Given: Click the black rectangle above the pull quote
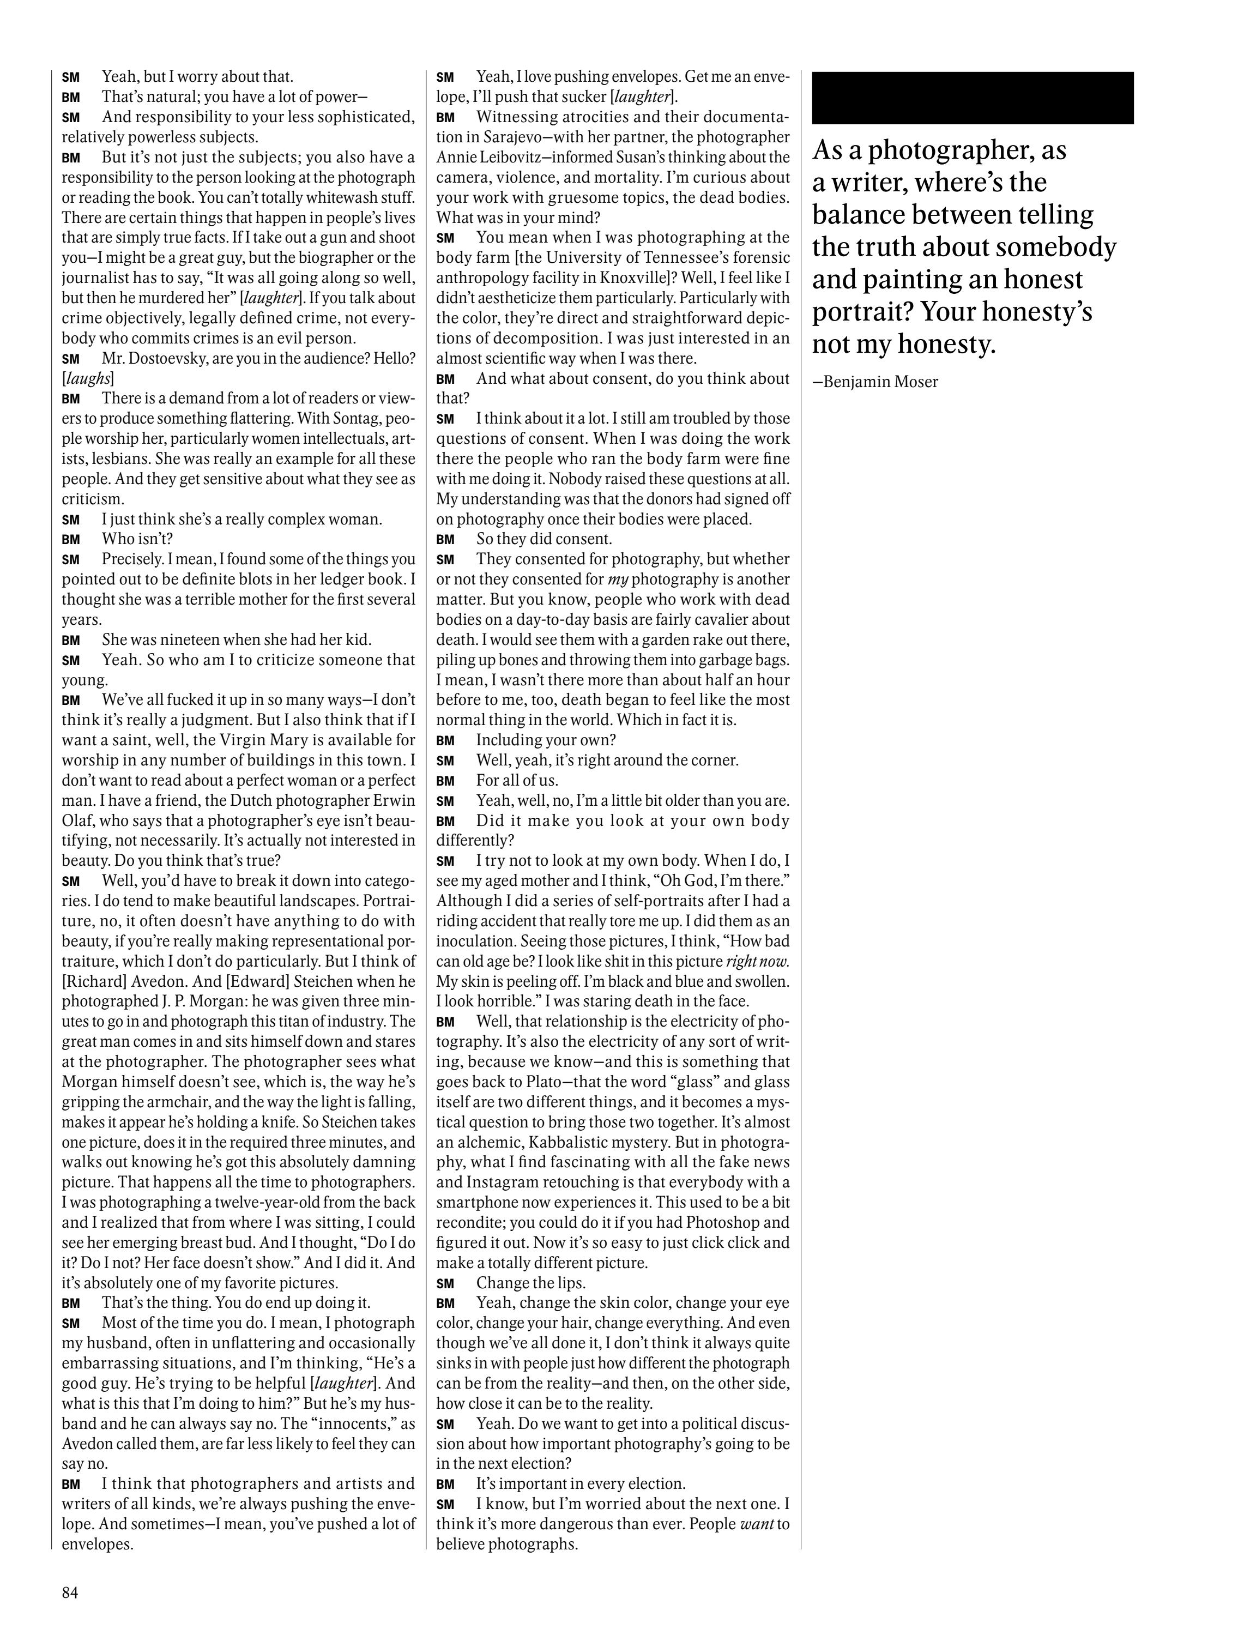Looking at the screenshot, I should click(x=972, y=98).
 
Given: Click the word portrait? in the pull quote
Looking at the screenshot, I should click(x=856, y=312).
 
